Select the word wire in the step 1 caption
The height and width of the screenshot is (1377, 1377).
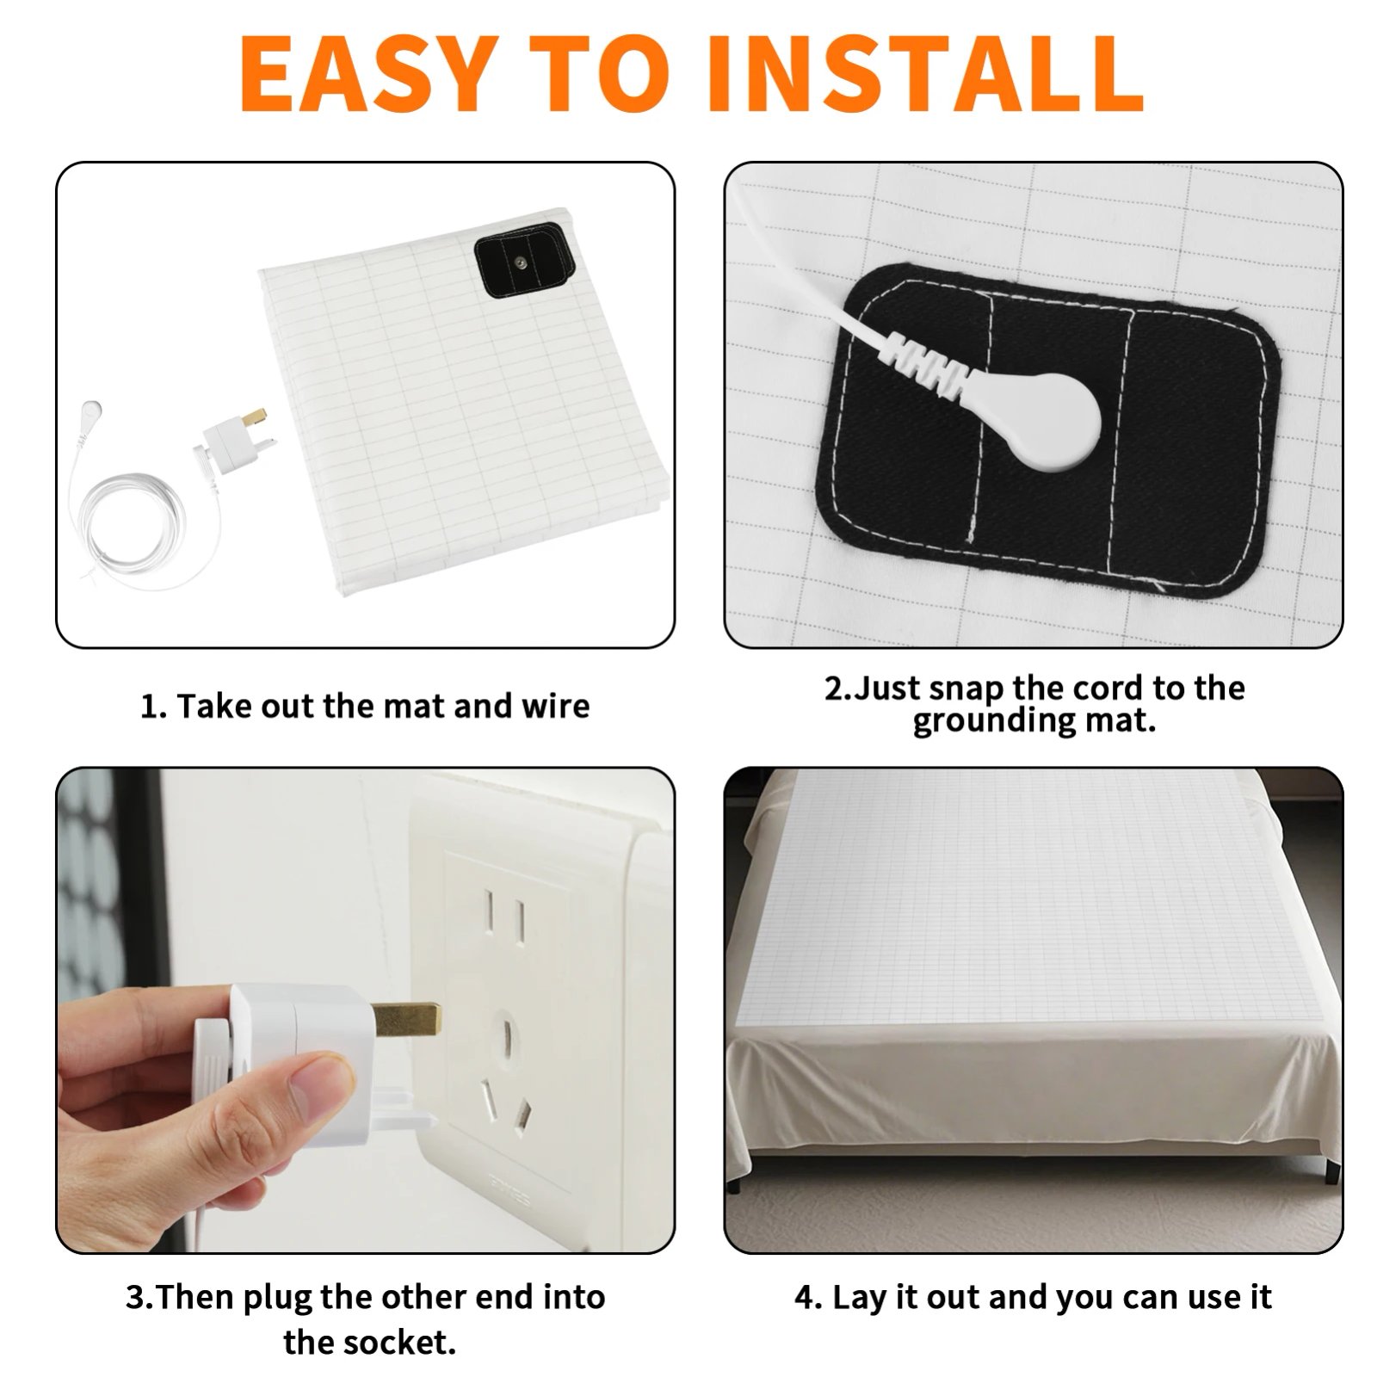tap(556, 706)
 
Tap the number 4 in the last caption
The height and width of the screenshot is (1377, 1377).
tap(807, 1297)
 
